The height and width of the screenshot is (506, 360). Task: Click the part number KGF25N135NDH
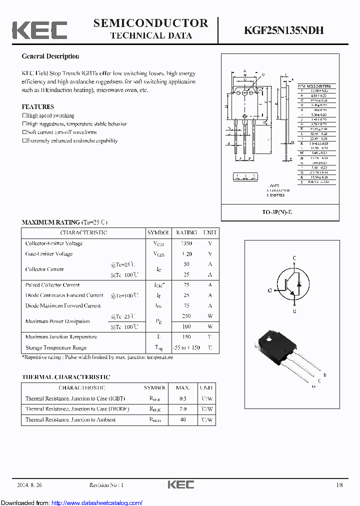click(x=283, y=30)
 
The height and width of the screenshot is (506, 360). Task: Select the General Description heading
click(x=50, y=56)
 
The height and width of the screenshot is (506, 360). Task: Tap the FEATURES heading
click(x=37, y=107)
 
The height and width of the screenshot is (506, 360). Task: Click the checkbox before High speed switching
click(x=24, y=115)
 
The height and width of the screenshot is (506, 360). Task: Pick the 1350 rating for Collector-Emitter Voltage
click(x=186, y=243)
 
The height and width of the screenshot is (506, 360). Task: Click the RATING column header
click(x=186, y=233)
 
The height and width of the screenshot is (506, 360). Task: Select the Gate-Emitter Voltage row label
click(x=49, y=254)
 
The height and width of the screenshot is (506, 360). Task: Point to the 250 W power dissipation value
click(x=186, y=316)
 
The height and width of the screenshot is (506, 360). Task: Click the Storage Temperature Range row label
click(x=56, y=347)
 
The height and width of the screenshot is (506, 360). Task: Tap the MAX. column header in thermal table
click(x=183, y=388)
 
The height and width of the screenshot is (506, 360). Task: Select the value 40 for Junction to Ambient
click(x=183, y=420)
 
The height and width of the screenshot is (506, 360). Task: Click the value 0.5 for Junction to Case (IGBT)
click(x=183, y=399)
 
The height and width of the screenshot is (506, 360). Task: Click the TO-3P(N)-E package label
click(x=280, y=212)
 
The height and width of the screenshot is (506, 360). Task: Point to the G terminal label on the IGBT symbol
click(x=270, y=290)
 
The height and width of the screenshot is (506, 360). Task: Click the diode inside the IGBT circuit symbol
click(x=299, y=284)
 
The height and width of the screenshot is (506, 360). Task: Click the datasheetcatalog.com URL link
click(x=97, y=503)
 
